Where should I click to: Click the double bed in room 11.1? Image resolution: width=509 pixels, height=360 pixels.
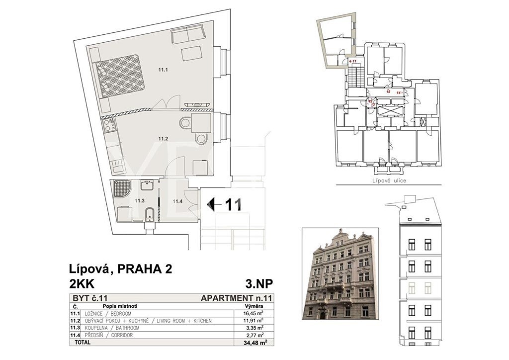119,76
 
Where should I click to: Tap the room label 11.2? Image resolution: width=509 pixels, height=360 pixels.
163,139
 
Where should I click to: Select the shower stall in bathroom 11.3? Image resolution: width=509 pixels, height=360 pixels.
122,188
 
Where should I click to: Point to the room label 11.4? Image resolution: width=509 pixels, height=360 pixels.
177,201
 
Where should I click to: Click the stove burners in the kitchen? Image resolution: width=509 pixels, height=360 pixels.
109,125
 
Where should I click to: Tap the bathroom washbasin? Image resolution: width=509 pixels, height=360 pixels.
149,185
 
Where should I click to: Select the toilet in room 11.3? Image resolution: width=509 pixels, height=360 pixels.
150,214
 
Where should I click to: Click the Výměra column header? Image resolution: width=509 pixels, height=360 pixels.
254,306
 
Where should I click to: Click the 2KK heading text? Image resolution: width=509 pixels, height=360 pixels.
82,284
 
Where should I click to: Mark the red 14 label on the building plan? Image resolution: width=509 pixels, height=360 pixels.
399,92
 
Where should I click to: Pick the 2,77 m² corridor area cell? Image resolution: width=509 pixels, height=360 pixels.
254,335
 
